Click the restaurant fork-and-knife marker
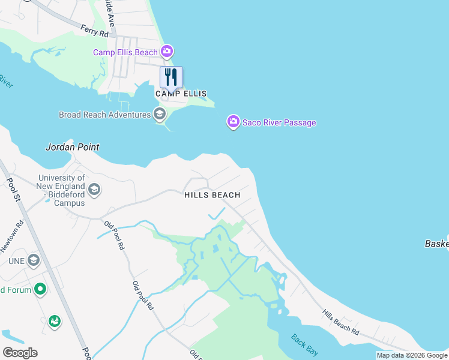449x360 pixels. [x=171, y=77]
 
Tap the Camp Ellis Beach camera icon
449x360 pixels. [x=167, y=52]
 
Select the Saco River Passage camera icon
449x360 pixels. [x=233, y=122]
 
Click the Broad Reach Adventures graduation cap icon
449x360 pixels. [x=159, y=114]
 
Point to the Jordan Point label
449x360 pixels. [x=73, y=147]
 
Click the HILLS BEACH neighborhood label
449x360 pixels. [x=212, y=195]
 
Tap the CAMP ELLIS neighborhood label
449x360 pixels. [x=181, y=94]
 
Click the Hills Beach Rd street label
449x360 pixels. [x=340, y=322]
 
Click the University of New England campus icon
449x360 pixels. [x=94, y=190]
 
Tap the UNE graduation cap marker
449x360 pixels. [x=33, y=260]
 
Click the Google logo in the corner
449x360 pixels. [x=19, y=353]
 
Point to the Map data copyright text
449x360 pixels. [x=412, y=355]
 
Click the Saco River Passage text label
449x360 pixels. [x=279, y=123]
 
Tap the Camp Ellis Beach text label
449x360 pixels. [x=125, y=53]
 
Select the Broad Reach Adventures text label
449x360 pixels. [x=104, y=115]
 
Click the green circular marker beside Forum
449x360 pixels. [x=40, y=290]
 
